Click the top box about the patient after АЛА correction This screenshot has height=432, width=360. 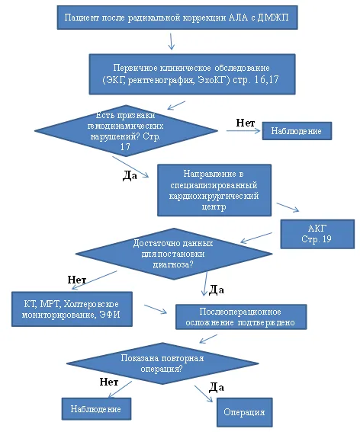(177, 18)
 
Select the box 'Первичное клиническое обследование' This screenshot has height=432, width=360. (192, 74)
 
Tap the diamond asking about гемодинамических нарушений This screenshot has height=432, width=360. (126, 130)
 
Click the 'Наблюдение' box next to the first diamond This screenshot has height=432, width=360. (297, 131)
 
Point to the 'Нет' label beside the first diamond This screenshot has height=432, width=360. (246, 123)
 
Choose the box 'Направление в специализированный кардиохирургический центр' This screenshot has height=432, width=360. (214, 190)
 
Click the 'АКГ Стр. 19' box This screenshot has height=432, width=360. (317, 234)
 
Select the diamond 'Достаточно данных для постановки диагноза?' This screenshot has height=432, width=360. (174, 254)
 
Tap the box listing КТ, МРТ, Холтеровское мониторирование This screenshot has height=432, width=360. (72, 309)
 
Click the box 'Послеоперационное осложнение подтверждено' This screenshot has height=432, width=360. (241, 317)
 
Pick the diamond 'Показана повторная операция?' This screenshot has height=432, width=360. (162, 363)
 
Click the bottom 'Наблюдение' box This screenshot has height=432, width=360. (96, 409)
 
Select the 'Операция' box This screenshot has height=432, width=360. (244, 412)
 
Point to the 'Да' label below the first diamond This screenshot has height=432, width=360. (130, 175)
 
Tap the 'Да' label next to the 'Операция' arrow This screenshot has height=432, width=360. (217, 387)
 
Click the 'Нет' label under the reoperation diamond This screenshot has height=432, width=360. (109, 382)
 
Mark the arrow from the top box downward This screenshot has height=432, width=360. (172, 41)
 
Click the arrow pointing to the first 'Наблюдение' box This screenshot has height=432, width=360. (243, 131)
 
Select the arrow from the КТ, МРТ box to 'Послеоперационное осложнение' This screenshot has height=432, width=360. (156, 309)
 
